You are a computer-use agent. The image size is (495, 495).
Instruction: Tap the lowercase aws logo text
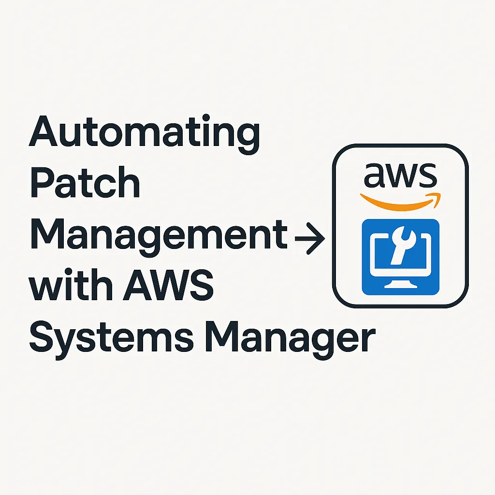coord(400,176)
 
